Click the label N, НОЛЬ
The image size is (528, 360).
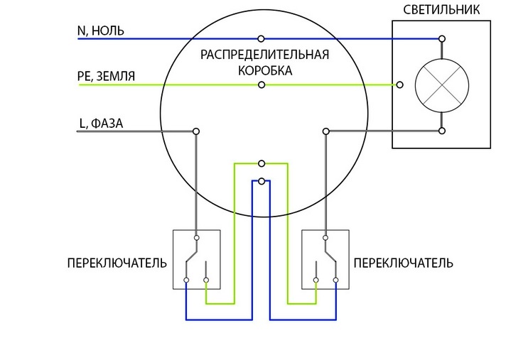point(101,31)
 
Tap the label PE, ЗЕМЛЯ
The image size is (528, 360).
point(106,75)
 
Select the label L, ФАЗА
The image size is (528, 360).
point(101,123)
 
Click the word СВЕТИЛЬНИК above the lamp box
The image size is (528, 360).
point(440,9)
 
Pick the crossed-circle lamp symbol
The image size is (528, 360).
point(441,85)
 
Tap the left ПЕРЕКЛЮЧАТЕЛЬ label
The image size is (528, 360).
point(117,263)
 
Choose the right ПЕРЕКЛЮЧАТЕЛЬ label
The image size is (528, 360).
point(403,263)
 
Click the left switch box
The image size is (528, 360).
point(196,258)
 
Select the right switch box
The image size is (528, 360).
point(325,258)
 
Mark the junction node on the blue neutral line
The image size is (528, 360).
point(262,38)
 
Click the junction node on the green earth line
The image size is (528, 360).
point(262,85)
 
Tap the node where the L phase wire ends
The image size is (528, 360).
point(195,131)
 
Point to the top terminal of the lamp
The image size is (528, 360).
point(442,38)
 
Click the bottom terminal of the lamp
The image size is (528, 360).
point(442,131)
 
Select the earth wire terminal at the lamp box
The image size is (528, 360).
point(400,85)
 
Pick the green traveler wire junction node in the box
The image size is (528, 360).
point(262,163)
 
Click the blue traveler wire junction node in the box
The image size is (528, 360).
point(262,182)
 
